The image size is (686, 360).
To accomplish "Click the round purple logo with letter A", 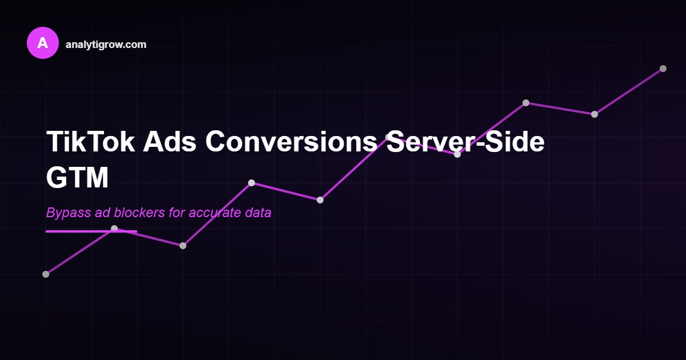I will point(43,43).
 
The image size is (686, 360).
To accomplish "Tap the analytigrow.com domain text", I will point(106,45).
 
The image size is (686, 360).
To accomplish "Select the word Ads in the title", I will point(168,142).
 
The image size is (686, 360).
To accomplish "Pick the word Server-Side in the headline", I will point(465,142).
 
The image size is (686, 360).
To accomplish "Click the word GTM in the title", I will point(77,178).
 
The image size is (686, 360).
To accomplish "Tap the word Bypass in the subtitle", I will point(65,213).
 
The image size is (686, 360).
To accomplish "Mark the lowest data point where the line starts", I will point(46,274).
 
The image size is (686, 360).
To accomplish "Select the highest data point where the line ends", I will point(663,69).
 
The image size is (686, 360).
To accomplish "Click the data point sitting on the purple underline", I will point(114,229).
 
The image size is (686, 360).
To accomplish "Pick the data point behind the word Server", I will point(389,137).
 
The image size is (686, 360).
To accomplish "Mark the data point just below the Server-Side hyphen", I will point(457,154).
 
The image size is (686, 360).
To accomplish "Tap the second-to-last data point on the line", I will point(595,114).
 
